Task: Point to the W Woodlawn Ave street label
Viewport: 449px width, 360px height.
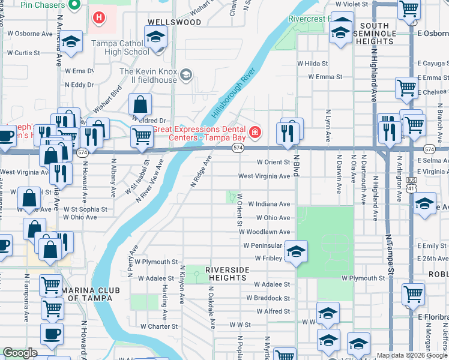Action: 265,232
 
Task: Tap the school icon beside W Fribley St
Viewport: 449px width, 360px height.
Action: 296,252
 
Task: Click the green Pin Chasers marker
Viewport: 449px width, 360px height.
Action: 74,5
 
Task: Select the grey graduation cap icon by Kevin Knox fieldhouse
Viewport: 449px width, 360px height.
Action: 187,74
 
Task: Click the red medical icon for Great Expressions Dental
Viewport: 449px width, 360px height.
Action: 255,131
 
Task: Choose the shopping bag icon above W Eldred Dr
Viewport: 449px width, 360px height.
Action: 140,105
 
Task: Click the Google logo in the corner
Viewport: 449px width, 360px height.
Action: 20,353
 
